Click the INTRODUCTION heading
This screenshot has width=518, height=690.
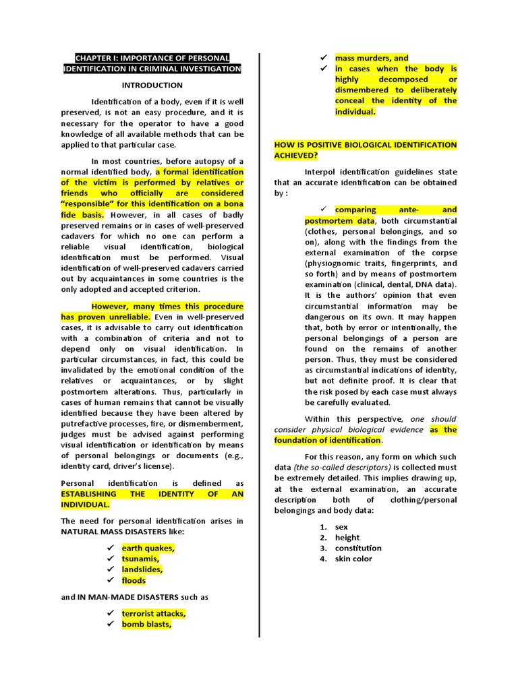coord(152,86)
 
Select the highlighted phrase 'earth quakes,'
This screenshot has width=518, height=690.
coord(148,548)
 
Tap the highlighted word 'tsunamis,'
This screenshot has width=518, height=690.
coord(140,559)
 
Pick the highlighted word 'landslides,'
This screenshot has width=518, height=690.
coord(142,569)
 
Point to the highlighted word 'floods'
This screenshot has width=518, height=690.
coord(134,580)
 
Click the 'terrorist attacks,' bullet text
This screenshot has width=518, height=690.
coord(153,613)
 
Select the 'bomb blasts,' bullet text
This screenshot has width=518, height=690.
coord(146,624)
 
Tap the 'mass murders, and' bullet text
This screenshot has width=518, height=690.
coord(372,58)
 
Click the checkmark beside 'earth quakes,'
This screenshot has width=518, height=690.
coord(110,548)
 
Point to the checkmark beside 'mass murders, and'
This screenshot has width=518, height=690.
coord(324,58)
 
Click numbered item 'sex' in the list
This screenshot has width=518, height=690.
coord(341,526)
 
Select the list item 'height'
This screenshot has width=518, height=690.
coord(347,537)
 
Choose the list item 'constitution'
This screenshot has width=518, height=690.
coord(358,548)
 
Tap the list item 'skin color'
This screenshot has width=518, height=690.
coord(353,559)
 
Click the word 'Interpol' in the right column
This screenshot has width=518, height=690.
coord(320,172)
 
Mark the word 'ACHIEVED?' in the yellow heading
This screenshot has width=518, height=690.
coord(295,156)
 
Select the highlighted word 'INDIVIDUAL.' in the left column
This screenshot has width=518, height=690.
coord(85,505)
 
